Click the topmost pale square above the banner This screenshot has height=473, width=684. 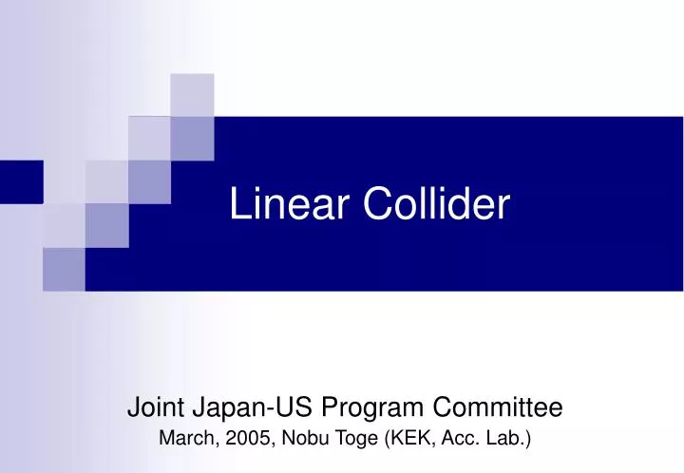[x=192, y=94]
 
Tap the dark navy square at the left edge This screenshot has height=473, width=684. [x=21, y=181]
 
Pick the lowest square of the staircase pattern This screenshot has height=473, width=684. [x=64, y=269]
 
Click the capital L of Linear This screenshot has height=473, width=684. [x=237, y=206]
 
